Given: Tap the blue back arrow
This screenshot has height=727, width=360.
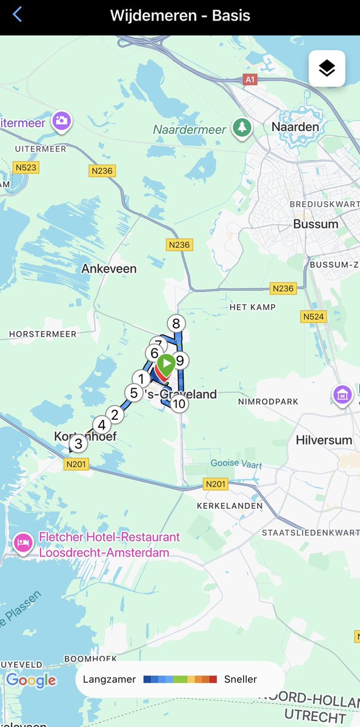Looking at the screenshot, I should pos(18,15).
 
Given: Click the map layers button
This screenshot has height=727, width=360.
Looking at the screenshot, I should pos(327,68).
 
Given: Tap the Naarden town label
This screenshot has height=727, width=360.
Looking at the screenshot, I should pos(295,127).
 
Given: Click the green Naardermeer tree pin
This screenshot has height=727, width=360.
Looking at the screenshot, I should pos(242,128).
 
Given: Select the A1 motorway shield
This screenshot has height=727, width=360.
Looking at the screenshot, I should pos(250,79).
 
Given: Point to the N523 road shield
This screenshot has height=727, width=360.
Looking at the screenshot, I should pos(26,167).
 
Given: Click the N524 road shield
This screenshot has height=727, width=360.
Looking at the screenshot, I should pos(313,316).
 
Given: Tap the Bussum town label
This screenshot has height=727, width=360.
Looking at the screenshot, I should pos(315,224).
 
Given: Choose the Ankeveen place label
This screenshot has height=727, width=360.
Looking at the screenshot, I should pos(109,268).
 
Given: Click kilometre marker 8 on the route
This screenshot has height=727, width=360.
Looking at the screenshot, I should pos(176,324).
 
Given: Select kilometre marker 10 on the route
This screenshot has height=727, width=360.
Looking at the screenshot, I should pos(178,403).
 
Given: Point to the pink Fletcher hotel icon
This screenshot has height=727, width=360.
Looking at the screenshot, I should pos(23,542).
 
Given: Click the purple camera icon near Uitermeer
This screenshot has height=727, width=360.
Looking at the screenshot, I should pos(61,121).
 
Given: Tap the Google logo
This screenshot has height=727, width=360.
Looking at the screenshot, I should pos(31,680).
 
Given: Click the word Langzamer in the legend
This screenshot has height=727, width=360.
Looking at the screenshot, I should pos(110,679).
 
